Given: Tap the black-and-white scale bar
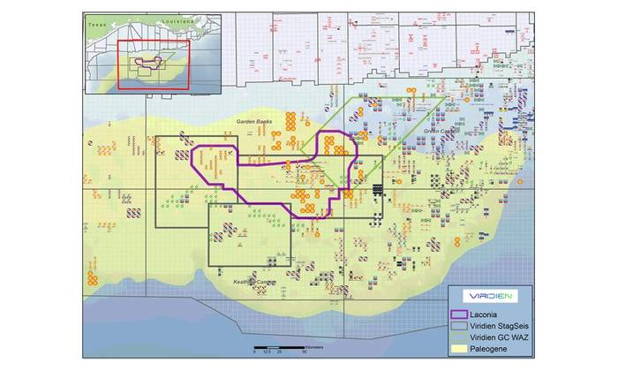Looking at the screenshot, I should tap(279, 344).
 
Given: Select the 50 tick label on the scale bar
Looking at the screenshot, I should tap(305, 351).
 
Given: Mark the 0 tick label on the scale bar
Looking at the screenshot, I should tap(254, 351).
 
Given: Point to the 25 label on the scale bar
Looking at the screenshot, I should tap(280, 351).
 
